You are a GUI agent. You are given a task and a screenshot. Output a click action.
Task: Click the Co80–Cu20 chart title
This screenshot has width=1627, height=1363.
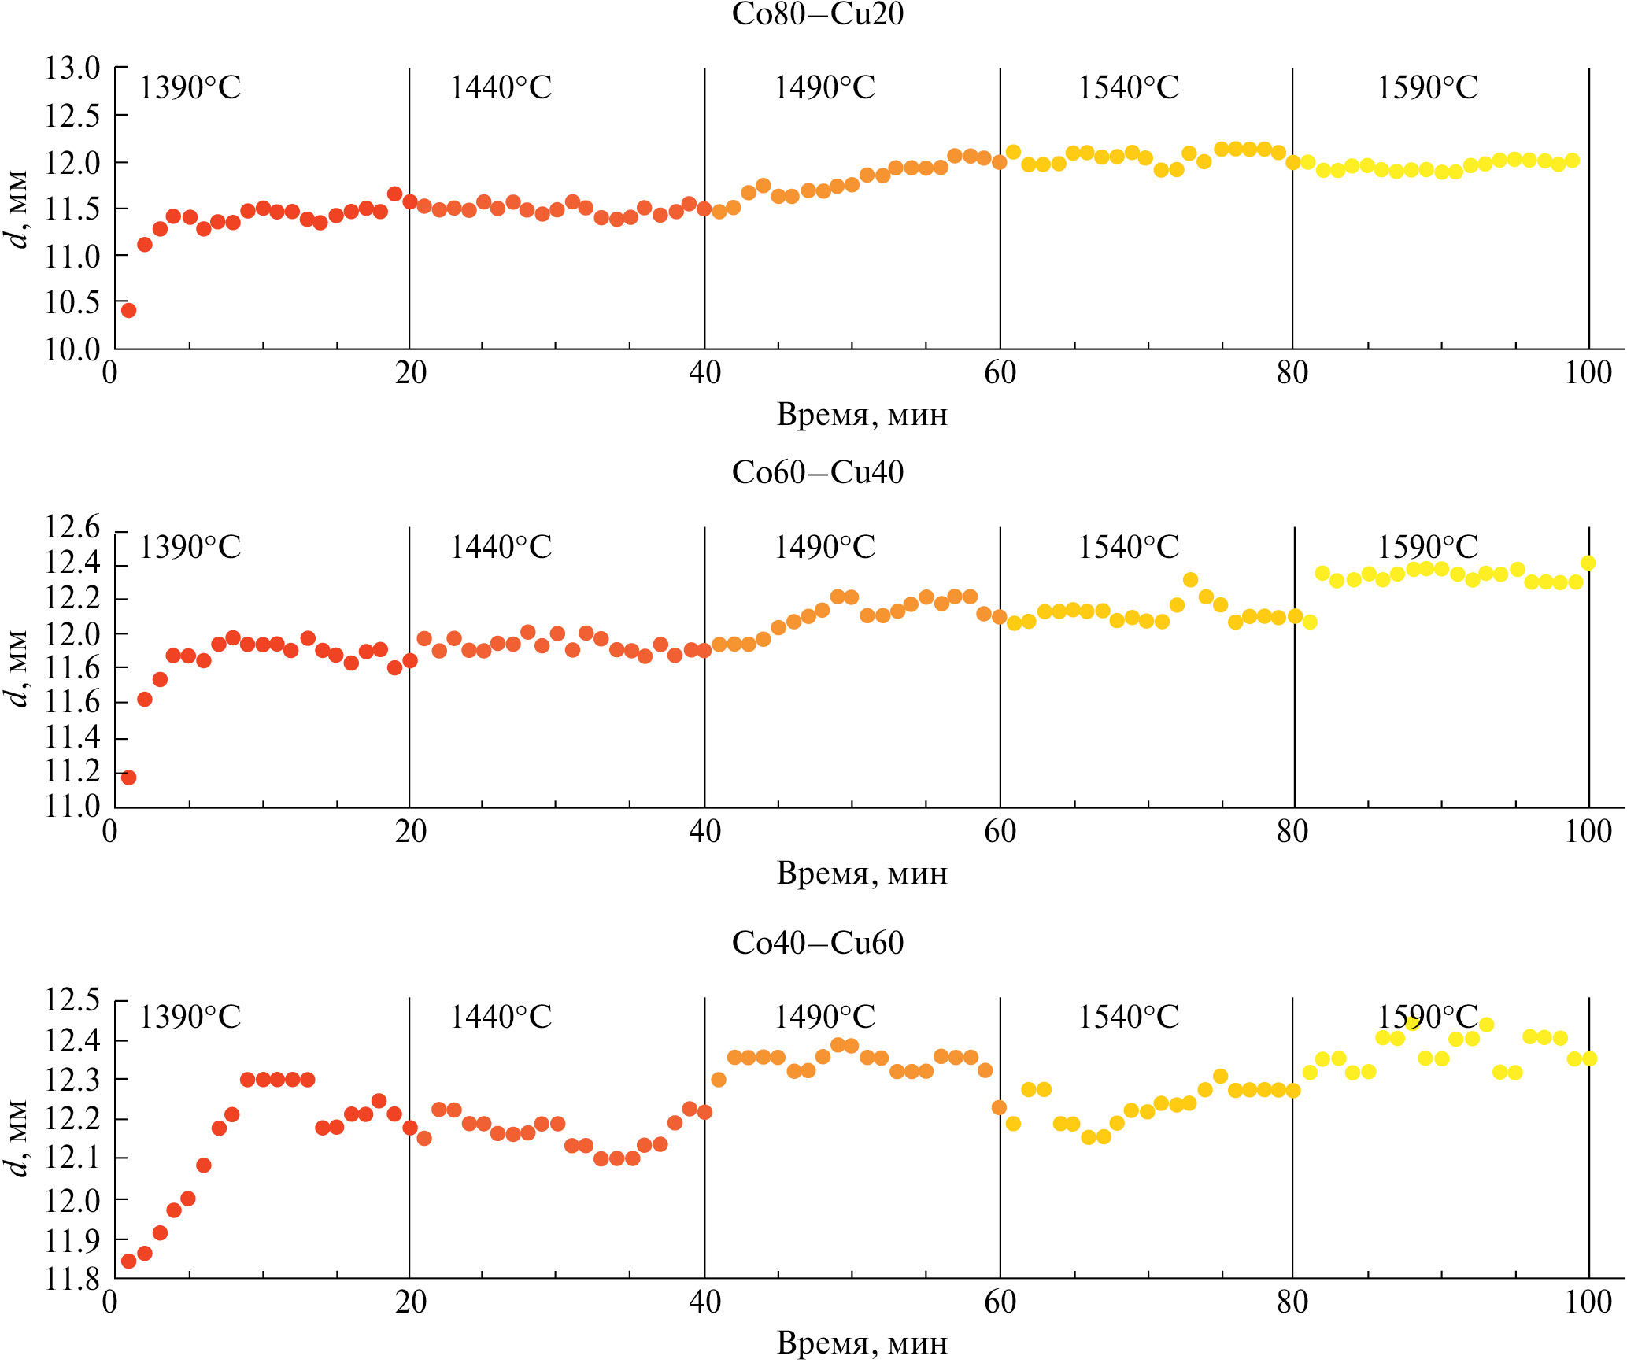click(x=817, y=14)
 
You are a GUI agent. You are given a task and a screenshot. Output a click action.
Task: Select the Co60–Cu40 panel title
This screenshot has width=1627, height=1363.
click(x=817, y=472)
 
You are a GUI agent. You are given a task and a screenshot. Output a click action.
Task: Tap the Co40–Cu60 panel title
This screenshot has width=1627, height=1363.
click(x=817, y=943)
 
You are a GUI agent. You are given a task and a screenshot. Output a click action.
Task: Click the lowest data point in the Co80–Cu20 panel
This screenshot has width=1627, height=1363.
click(x=128, y=310)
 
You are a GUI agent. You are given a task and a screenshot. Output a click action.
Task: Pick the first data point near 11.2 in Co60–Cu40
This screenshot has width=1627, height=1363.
click(x=128, y=778)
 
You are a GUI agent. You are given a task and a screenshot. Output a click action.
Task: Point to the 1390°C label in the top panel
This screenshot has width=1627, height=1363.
click(x=190, y=87)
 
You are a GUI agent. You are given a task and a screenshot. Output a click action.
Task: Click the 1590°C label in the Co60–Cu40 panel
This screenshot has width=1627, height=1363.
click(x=1427, y=547)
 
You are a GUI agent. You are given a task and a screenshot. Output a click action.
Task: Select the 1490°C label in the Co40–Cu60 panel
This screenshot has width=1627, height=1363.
click(x=824, y=1018)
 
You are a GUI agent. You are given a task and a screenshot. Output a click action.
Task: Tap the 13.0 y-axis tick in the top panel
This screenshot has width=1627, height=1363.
click(x=72, y=68)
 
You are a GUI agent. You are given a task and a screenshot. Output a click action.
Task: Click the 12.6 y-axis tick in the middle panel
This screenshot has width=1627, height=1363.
click(x=72, y=527)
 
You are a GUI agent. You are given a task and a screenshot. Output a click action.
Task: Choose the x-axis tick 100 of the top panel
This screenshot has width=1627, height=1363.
click(x=1588, y=372)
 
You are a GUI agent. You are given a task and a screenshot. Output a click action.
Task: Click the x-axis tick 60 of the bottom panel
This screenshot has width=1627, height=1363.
click(x=1000, y=1302)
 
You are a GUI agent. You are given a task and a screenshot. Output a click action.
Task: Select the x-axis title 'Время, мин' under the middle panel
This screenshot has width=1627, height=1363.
click(x=862, y=874)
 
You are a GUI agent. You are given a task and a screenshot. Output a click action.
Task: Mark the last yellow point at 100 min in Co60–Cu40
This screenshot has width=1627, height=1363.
click(x=1588, y=563)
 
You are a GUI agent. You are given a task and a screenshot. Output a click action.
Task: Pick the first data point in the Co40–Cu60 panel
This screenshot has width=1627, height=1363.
click(x=128, y=1261)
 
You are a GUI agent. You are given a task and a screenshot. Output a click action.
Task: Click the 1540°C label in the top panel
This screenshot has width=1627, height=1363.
click(x=1128, y=87)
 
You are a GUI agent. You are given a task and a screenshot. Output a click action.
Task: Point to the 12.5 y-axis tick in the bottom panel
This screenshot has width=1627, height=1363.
click(x=72, y=1000)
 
